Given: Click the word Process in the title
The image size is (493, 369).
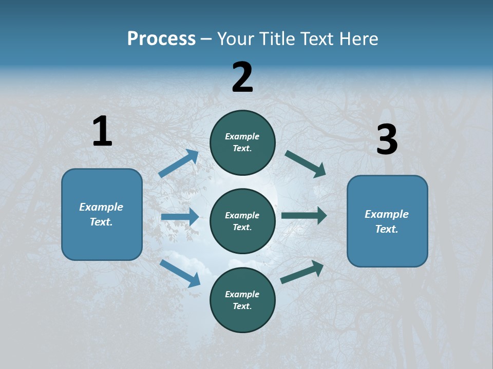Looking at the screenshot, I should pyautogui.click(x=161, y=39).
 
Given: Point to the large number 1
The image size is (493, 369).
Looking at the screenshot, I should pyautogui.click(x=102, y=131).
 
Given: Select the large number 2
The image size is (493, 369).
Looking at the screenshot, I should pyautogui.click(x=242, y=77).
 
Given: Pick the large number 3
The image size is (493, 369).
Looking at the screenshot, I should pyautogui.click(x=387, y=140).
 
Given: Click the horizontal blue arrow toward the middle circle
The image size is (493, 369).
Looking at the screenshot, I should pyautogui.click(x=180, y=217).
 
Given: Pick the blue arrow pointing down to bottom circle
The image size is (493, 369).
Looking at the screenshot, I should pyautogui.click(x=180, y=273).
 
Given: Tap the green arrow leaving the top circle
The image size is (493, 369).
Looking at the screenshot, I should pyautogui.click(x=306, y=164).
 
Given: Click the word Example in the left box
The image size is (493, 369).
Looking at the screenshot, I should pyautogui.click(x=101, y=207).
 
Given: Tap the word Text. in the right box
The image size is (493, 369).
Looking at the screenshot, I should pyautogui.click(x=387, y=229).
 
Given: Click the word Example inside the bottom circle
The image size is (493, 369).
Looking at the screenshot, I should pyautogui.click(x=242, y=294).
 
